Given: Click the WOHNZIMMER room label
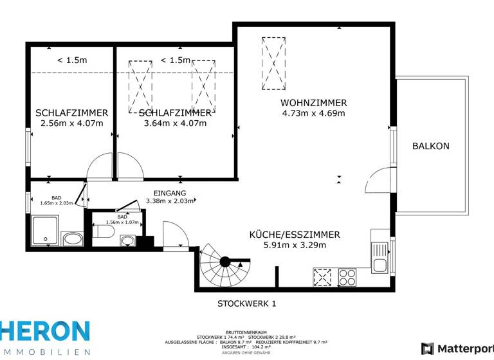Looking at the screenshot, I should [313, 103].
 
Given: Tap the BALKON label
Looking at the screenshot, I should [430, 146].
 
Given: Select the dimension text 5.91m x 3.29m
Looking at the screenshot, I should [294, 245].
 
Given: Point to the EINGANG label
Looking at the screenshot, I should [170, 193].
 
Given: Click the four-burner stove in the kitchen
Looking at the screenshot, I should [347, 277].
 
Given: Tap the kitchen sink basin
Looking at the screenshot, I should [379, 264].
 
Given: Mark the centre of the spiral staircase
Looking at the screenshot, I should [224, 262].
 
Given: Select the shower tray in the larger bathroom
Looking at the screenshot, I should [45, 231].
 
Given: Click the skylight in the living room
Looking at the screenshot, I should [273, 64].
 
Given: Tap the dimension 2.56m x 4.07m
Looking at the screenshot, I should [71, 123].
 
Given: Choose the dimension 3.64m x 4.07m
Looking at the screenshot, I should [175, 123].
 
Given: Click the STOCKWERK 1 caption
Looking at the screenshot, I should [246, 303].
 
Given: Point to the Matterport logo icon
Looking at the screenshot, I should [427, 348].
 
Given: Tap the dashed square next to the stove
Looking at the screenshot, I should [322, 277].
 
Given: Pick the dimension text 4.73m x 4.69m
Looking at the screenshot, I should [313, 114].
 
